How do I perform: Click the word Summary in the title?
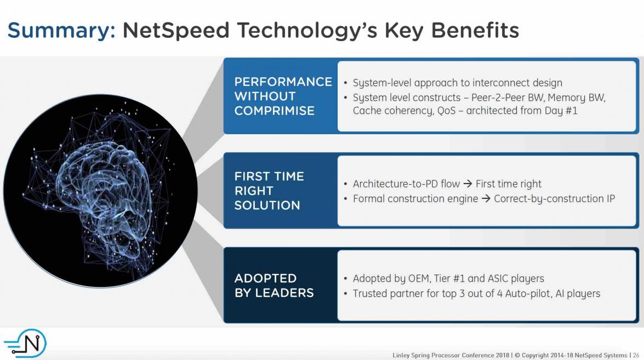click(x=61, y=31)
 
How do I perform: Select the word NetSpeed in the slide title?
click(x=176, y=31)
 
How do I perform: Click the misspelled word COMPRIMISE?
click(x=275, y=111)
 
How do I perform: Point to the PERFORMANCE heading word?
click(x=283, y=82)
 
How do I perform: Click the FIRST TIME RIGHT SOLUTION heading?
click(x=269, y=191)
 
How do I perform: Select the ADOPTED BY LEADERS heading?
click(x=274, y=285)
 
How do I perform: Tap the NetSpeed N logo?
click(x=25, y=343)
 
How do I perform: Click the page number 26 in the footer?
click(x=636, y=355)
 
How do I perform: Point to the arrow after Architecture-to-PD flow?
click(x=468, y=184)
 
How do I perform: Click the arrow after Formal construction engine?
click(x=486, y=199)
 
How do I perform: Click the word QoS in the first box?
click(x=446, y=111)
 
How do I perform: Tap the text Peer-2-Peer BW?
click(x=508, y=98)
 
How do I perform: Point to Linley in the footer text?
click(x=401, y=356)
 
